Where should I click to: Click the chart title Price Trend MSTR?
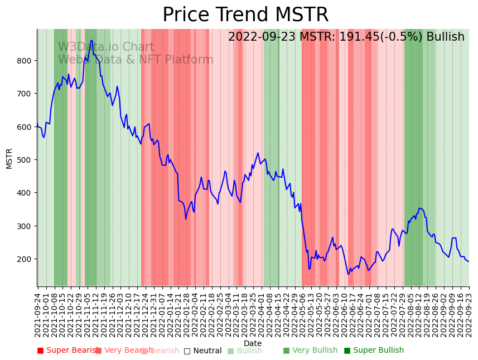(245, 15)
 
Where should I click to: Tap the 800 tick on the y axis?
(24, 60)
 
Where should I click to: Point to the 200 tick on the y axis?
(24, 259)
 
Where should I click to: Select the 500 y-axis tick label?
(24, 160)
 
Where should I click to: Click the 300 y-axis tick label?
(24, 226)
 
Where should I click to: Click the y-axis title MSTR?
(9, 158)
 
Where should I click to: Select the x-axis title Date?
(252, 344)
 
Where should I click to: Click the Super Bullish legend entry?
(374, 351)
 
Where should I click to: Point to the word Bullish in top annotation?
(445, 37)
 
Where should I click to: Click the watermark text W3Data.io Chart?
(106, 47)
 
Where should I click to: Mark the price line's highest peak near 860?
(91, 40)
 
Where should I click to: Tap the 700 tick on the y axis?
(24, 94)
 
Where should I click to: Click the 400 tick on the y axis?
(24, 193)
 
